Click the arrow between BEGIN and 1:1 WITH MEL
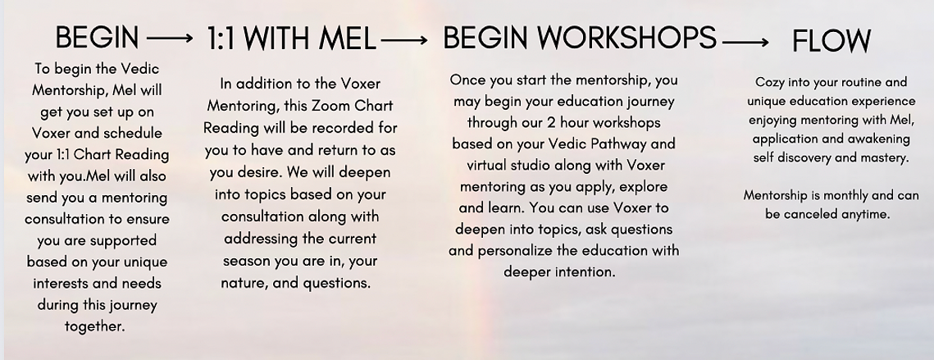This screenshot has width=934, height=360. pyautogui.click(x=170, y=39)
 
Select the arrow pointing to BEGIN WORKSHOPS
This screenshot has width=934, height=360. pyautogui.click(x=404, y=40)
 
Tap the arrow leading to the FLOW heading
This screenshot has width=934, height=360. pyautogui.click(x=745, y=43)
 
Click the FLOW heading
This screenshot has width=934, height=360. pyautogui.click(x=831, y=41)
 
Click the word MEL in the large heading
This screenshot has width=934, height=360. pyautogui.click(x=347, y=39)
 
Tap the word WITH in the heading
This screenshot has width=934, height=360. pyautogui.click(x=278, y=39)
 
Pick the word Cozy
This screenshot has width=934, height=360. pyautogui.click(x=770, y=82)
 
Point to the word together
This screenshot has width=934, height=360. pyautogui.click(x=95, y=326)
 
